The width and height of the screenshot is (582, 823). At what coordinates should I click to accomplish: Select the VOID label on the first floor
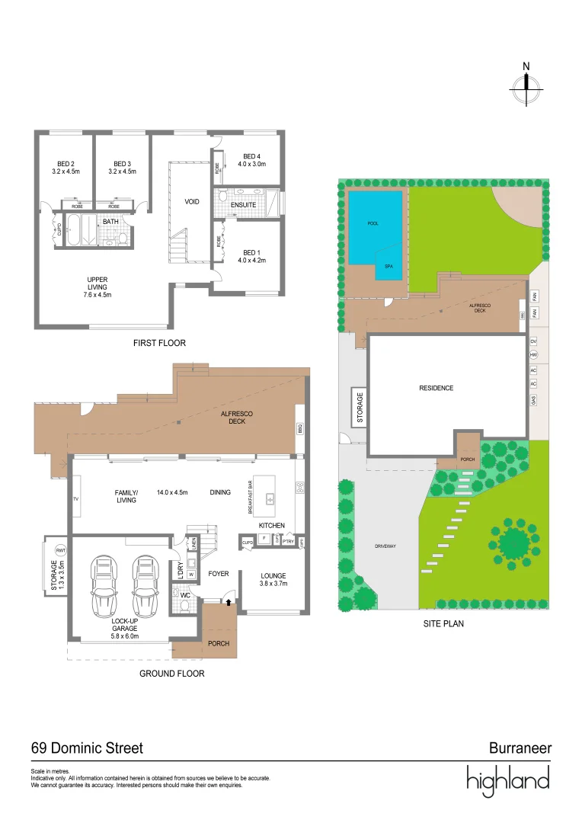pos(192,202)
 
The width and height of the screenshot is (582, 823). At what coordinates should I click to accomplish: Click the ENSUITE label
pos(244,205)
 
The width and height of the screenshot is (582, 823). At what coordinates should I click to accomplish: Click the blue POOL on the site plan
pos(373,225)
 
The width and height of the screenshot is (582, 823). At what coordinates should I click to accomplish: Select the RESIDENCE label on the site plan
pos(437,388)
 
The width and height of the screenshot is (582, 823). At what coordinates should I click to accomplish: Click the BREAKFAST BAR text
pos(250,499)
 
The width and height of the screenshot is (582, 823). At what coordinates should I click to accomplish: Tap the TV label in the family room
pos(76,498)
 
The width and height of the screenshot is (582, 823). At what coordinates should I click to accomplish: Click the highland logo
pos(508,780)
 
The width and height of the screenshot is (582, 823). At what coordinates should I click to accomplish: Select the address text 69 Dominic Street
pos(87,748)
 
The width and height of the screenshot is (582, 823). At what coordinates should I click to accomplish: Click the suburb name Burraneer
pos(520,748)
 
